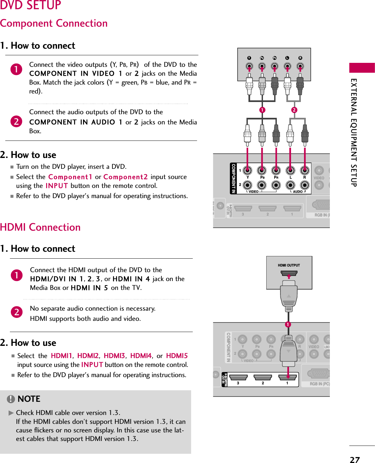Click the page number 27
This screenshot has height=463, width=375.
355,459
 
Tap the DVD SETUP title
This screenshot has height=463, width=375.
31,5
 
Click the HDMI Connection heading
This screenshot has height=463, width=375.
40,227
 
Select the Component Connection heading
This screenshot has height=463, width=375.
54,23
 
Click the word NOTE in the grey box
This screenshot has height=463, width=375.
29,399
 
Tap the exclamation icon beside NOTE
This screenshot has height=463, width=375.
11,399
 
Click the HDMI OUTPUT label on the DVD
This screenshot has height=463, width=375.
289,265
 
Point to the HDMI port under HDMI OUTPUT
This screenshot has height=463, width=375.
289,273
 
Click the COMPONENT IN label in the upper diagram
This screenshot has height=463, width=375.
233,178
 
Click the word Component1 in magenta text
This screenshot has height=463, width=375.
70,177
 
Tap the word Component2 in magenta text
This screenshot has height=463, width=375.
126,177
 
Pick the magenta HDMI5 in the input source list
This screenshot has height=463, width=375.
177,356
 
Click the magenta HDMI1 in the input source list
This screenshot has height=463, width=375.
61,356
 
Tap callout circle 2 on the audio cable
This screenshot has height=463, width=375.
294,110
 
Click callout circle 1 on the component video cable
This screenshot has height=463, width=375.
262,110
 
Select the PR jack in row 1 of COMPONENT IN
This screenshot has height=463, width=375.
276,170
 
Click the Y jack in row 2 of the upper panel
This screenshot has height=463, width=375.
247,185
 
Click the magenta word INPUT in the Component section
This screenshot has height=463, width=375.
57,186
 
